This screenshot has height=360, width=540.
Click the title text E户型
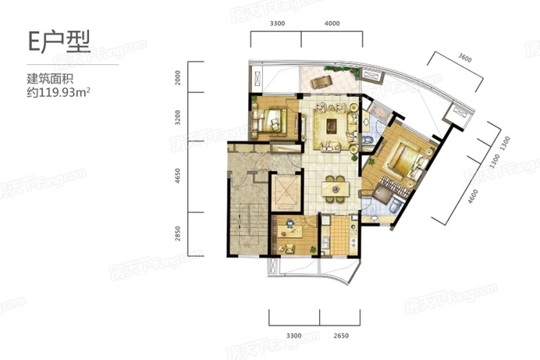(59, 42)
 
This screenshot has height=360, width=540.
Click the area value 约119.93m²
(58, 92)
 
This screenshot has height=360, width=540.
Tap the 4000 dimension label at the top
(332, 23)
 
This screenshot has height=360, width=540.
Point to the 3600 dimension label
(465, 58)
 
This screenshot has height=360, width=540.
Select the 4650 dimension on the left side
(178, 175)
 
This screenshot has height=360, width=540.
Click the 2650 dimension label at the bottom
(341, 335)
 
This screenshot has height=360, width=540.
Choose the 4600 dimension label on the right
(473, 196)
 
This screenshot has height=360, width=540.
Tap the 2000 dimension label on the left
(178, 78)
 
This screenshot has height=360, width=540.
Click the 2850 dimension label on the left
(178, 233)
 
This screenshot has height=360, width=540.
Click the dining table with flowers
(335, 188)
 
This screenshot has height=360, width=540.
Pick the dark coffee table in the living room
(331, 126)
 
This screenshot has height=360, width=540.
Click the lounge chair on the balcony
(321, 82)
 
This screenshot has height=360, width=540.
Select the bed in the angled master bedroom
(404, 159)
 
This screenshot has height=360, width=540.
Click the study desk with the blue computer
(290, 230)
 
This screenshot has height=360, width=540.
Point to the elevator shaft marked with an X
(285, 193)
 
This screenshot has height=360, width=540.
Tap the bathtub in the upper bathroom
(378, 111)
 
